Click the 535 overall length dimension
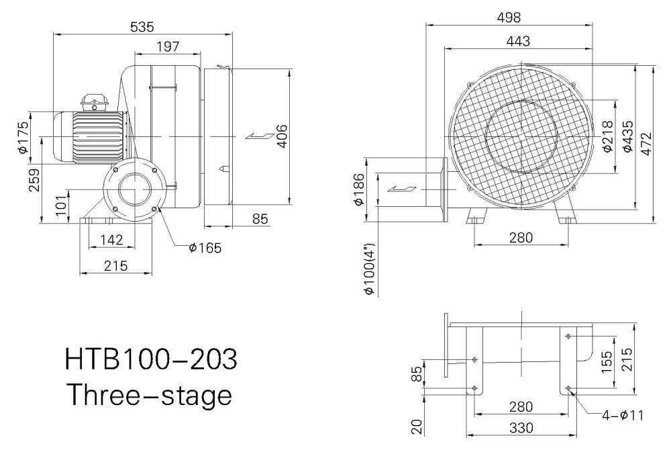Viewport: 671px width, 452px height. point(142,27)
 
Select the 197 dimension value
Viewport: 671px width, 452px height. point(168,46)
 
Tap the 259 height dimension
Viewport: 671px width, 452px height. point(34,180)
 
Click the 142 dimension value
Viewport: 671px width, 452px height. point(111,240)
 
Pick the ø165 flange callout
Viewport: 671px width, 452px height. point(205,248)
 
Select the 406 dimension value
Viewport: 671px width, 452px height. point(282,136)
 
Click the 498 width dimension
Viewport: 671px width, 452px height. point(509,17)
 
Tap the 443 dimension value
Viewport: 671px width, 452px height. point(518,41)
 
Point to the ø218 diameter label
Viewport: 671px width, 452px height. point(608,136)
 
